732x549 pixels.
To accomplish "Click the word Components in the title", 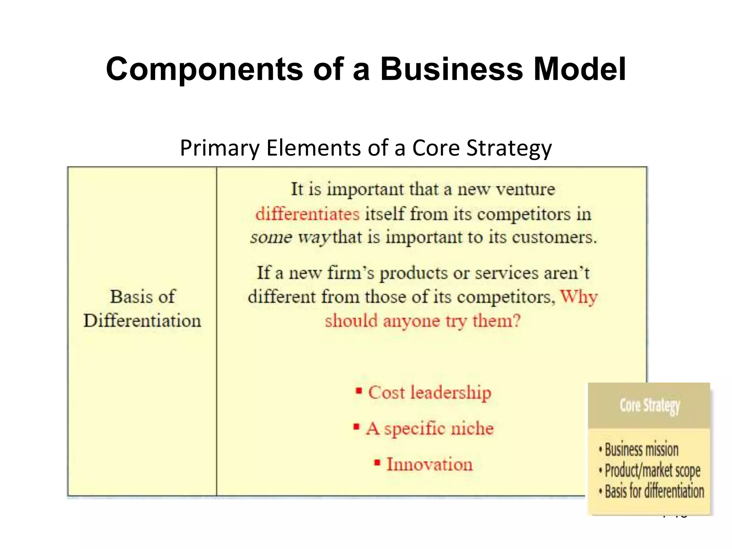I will [x=204, y=70].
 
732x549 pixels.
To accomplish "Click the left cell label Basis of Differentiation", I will [x=142, y=308].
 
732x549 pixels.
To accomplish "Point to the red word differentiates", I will [x=307, y=214].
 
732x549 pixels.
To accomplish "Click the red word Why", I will [x=578, y=297].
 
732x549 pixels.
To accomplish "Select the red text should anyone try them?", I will [x=422, y=321].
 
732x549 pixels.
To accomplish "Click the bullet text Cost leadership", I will [x=430, y=393].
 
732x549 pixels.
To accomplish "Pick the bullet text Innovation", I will [x=429, y=464].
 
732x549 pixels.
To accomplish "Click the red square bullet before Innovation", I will [x=377, y=463].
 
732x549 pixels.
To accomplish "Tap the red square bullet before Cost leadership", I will [x=359, y=391].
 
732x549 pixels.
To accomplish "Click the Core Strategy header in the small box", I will [x=649, y=406].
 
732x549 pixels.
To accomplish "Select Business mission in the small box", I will [x=641, y=450].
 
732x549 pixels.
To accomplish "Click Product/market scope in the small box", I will [x=652, y=471].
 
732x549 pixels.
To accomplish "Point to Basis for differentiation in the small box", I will [x=654, y=491].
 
